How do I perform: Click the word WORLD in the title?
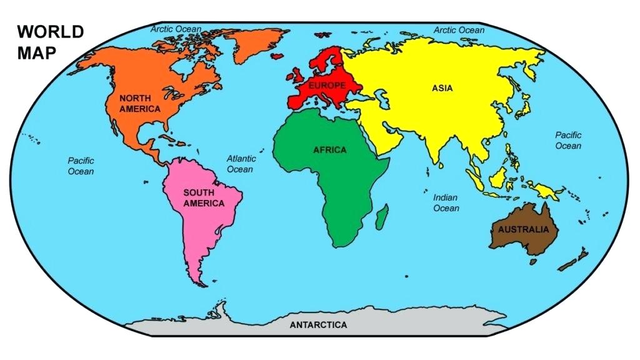(50, 32)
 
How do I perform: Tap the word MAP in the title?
(36, 53)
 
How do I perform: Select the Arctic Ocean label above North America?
(176, 29)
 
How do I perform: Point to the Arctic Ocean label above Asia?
(459, 30)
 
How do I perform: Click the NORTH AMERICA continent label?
(140, 104)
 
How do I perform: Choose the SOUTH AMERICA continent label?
(204, 198)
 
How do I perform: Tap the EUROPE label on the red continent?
(327, 85)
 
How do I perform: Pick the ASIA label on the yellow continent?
(442, 88)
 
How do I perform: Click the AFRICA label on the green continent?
(329, 150)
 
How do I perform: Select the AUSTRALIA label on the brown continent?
(523, 229)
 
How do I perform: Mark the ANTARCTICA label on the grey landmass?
(318, 325)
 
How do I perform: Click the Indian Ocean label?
(446, 202)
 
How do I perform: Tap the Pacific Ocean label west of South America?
(81, 166)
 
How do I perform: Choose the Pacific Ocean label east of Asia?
(568, 140)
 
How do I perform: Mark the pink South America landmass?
(200, 225)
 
